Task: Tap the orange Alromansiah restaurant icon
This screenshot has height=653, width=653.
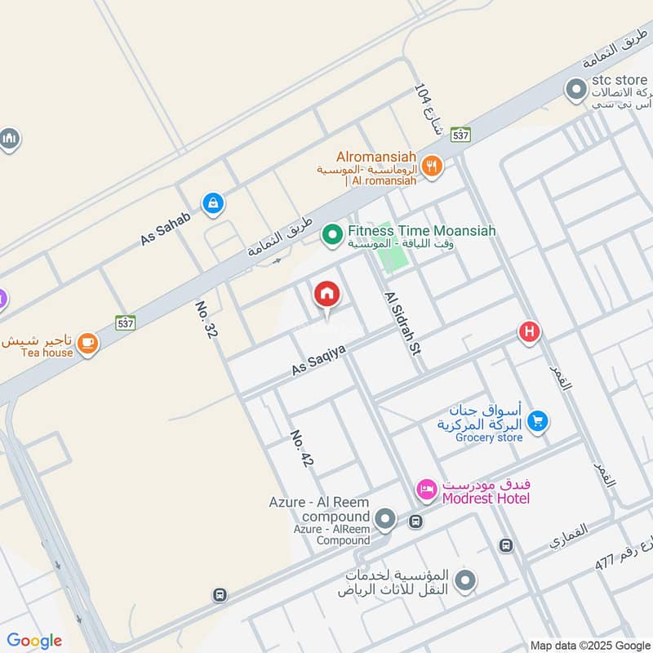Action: (432, 167)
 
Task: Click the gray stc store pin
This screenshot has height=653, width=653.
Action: (576, 89)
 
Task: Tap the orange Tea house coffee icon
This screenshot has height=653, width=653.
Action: (88, 344)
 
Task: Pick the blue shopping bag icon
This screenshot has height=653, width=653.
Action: (212, 204)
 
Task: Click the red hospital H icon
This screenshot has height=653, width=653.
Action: (529, 332)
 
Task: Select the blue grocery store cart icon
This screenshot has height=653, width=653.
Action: (537, 421)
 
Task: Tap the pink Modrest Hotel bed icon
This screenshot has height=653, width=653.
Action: (426, 490)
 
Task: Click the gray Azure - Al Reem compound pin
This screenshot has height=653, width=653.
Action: (385, 519)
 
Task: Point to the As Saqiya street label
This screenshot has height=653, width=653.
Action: (319, 359)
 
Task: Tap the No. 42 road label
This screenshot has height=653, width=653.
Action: (301, 449)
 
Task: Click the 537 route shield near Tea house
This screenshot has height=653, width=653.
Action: (125, 322)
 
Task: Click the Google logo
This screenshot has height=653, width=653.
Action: (34, 641)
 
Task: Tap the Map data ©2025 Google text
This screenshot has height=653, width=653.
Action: (589, 644)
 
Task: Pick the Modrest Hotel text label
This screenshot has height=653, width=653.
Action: (486, 499)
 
